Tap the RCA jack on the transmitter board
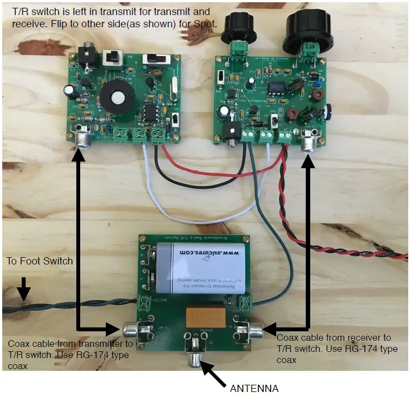82,138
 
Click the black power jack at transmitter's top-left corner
87,55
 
